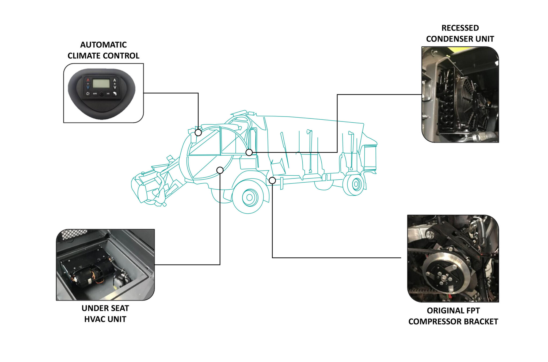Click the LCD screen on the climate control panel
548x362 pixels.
pos(101,83)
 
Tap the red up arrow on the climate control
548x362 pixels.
pos(88,80)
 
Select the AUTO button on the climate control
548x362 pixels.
pos(95,94)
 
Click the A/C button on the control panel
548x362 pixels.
pos(108,94)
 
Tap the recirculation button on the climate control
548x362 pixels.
pos(88,94)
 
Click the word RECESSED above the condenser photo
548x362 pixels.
pos(460,28)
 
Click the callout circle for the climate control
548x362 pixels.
pos(198,133)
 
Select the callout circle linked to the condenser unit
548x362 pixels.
pos(249,153)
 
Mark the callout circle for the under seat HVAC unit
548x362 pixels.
pos(220,170)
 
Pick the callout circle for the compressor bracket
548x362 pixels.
pos(272,181)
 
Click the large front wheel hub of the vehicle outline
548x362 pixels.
pos(249,198)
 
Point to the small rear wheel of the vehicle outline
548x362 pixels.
pos(356,184)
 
